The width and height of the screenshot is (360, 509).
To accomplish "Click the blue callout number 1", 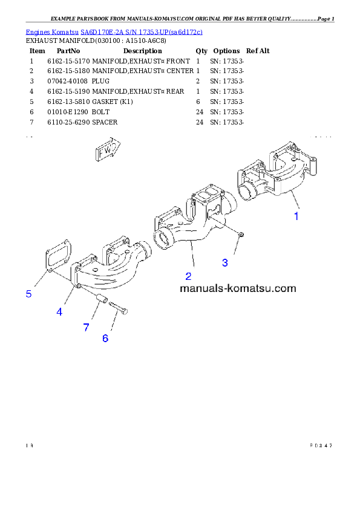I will point(296,216).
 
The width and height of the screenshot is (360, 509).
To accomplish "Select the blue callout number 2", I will point(188,276).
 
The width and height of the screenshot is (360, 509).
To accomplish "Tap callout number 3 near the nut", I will point(225,262).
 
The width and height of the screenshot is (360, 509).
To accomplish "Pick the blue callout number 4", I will point(59,312).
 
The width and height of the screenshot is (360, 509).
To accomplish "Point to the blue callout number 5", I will point(28,294).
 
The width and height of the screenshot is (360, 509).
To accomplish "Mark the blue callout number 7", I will point(86,327).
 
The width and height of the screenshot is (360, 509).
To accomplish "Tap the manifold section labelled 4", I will point(109,269).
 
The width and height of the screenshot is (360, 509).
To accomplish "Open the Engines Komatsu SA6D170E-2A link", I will point(114,31).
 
